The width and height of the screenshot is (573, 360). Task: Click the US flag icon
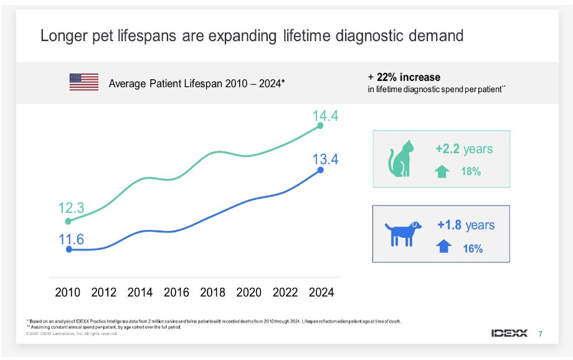84,82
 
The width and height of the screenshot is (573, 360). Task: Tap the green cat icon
401,159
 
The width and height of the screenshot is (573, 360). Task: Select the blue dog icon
402,233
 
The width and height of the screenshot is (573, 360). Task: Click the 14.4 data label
325,115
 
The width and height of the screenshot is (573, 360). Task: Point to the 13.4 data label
325,159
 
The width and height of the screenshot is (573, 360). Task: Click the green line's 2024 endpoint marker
320,126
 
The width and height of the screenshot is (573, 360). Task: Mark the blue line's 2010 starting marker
69,249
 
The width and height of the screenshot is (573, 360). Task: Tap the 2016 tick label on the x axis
177,292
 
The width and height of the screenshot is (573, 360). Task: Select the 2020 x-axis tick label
249,292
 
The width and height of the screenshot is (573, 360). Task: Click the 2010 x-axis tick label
68,292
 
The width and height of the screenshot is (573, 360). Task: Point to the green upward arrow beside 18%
442,171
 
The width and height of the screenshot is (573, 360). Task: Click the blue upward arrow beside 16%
443,247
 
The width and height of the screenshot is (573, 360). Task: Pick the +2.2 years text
464,149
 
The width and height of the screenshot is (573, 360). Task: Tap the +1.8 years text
466,225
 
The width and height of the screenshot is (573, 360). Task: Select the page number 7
540,334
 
